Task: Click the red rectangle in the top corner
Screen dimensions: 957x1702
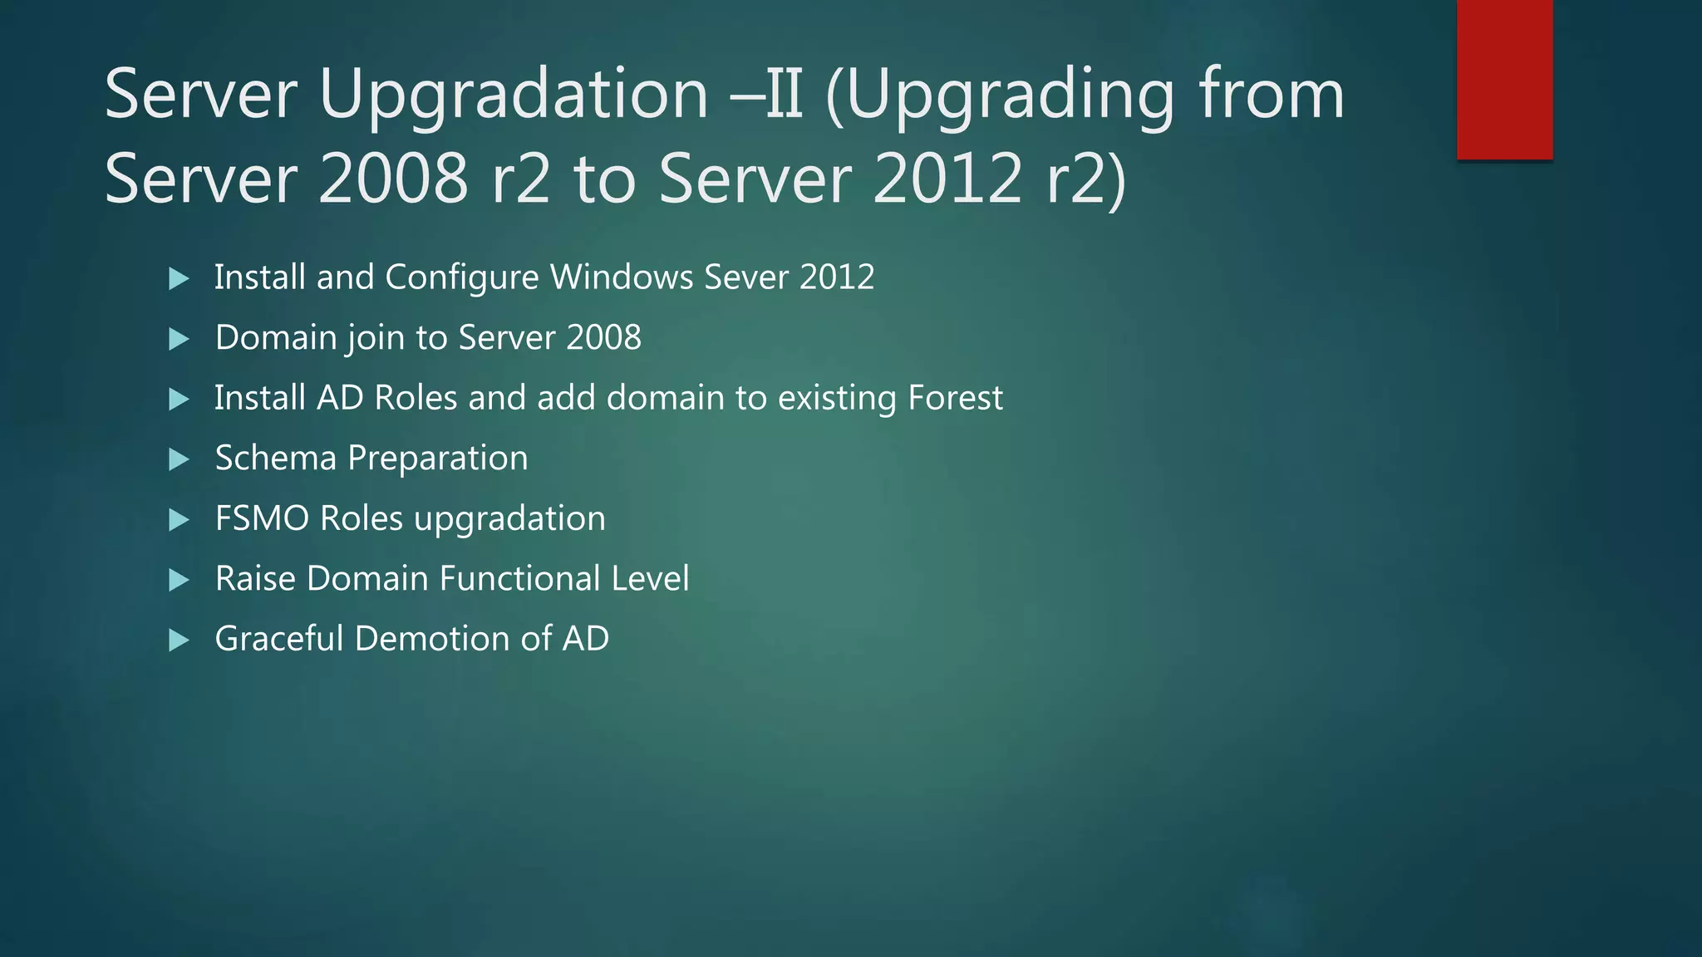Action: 1504,79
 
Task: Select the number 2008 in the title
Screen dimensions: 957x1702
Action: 393,179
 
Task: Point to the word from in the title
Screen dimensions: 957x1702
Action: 1271,94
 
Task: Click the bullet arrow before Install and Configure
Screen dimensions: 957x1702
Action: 179,278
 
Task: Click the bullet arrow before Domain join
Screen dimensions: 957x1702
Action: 179,339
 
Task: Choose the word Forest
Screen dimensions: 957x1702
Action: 955,398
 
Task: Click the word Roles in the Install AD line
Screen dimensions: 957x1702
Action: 416,398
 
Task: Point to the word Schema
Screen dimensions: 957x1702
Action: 275,458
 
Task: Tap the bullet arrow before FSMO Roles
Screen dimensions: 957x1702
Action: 179,520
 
